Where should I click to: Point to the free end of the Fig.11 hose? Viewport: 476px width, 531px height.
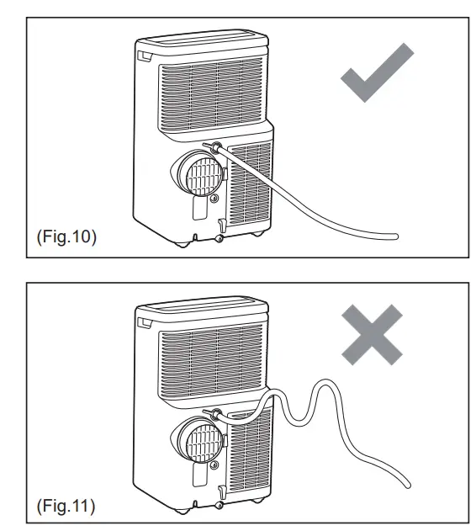[409, 486]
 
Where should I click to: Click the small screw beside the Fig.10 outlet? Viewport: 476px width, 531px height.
[217, 199]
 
